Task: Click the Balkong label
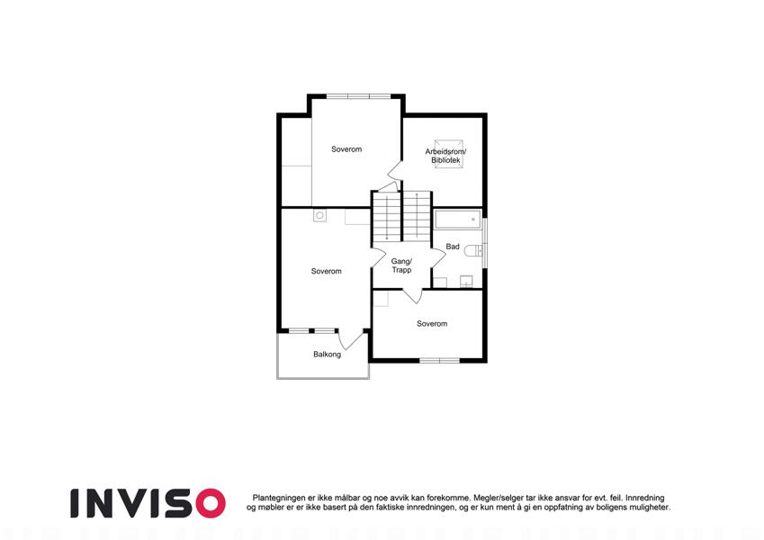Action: (x=327, y=355)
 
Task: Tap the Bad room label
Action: (x=453, y=247)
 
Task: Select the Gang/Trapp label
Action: (x=401, y=265)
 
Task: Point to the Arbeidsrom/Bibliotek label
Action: (x=445, y=156)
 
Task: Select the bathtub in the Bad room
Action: (x=458, y=220)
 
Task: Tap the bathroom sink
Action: (x=466, y=282)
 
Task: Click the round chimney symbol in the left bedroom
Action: (x=320, y=215)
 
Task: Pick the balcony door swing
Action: (x=351, y=339)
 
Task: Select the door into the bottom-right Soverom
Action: (x=412, y=296)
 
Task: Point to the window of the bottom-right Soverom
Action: (x=440, y=361)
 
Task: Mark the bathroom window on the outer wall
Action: (x=485, y=242)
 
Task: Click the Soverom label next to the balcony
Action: (x=327, y=271)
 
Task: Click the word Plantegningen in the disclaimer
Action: (x=279, y=498)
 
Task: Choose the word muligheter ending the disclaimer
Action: (x=648, y=508)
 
